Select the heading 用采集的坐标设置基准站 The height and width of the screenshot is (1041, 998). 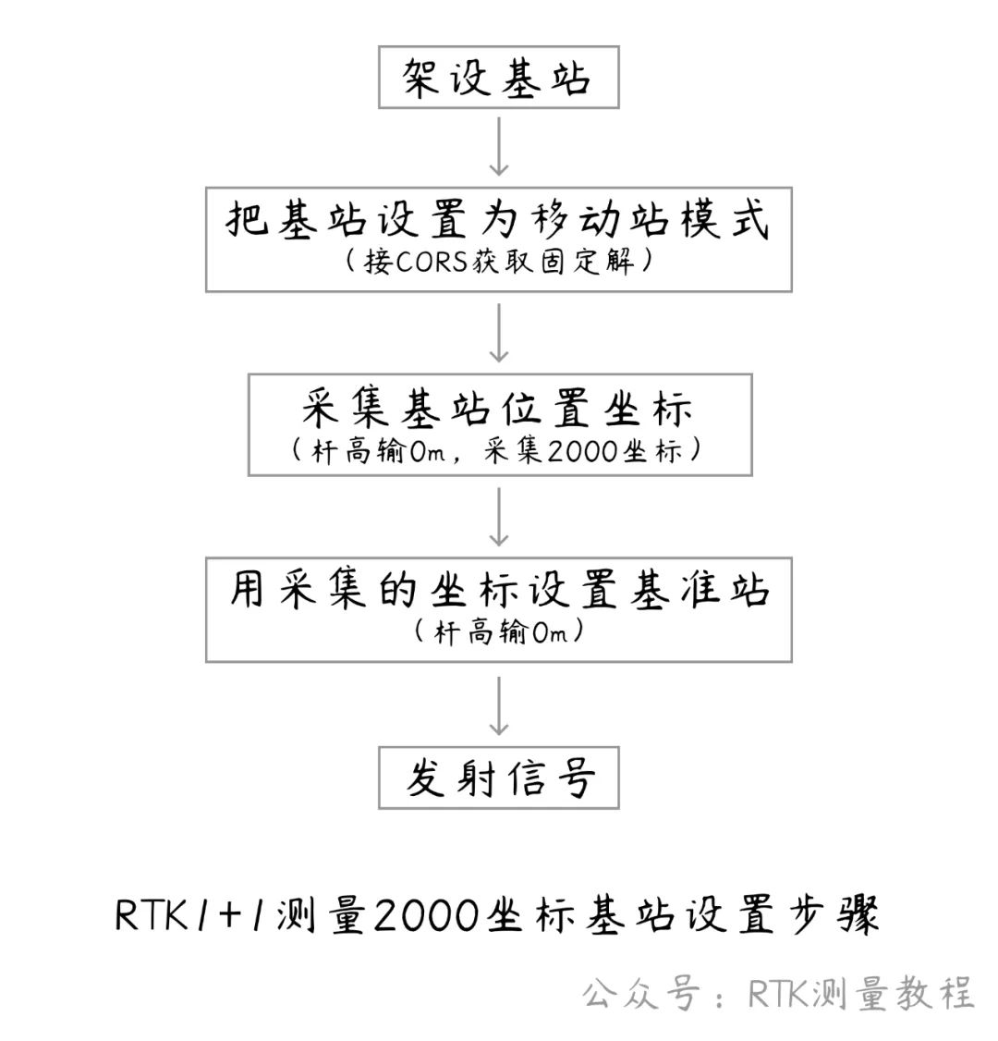[x=499, y=590]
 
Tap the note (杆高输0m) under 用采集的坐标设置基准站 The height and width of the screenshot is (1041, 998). [x=499, y=632]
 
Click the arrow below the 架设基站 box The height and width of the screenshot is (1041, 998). [x=498, y=147]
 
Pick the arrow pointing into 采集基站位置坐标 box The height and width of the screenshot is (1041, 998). [x=498, y=333]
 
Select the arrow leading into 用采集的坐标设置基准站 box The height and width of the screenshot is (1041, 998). [x=498, y=517]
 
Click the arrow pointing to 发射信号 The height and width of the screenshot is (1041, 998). [x=498, y=705]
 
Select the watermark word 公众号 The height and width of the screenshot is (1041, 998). [x=640, y=994]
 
